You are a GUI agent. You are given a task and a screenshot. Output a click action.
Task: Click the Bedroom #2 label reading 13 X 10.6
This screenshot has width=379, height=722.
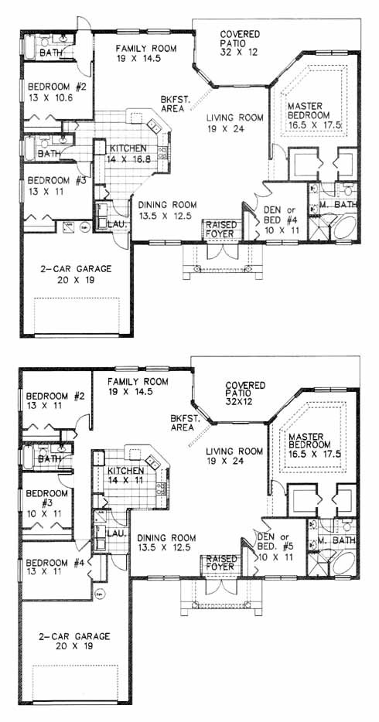(x=51, y=92)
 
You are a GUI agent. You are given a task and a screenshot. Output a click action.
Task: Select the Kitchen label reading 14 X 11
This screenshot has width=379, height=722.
(x=125, y=476)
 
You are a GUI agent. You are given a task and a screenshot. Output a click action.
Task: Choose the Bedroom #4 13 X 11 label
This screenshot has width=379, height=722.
(x=52, y=567)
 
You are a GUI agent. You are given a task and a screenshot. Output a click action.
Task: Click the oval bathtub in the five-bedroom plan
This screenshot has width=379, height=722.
(x=344, y=563)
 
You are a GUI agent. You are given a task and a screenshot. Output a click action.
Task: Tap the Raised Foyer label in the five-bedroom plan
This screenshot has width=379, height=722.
(x=220, y=562)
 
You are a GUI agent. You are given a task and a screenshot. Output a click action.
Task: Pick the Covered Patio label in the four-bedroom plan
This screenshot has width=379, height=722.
(x=240, y=43)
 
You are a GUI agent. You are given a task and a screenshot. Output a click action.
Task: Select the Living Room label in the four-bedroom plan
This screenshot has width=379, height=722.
(x=235, y=123)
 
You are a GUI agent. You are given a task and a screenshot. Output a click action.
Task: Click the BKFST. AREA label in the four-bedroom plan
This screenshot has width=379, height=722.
(x=172, y=104)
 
